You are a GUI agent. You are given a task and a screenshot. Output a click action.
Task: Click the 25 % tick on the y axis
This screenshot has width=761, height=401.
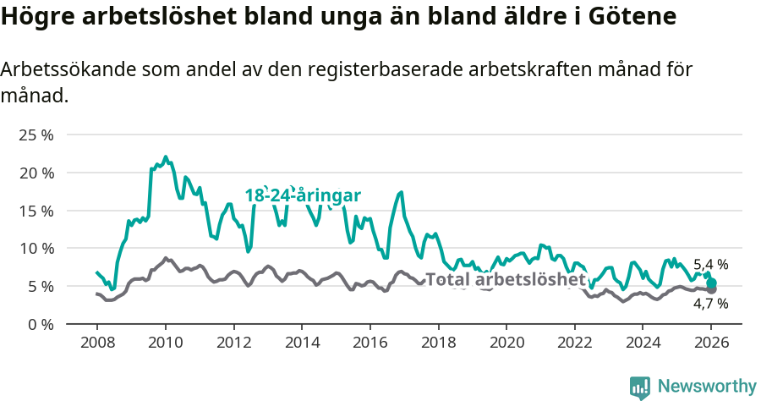click(x=36, y=135)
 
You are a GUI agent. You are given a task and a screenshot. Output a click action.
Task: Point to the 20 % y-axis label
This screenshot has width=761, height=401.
click(x=36, y=173)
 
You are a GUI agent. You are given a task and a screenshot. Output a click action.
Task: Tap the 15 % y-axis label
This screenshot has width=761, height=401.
click(x=36, y=211)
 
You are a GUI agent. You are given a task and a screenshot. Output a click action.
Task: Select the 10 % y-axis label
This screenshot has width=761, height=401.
click(x=36, y=248)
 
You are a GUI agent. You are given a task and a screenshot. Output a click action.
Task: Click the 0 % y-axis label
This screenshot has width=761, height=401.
click(x=41, y=324)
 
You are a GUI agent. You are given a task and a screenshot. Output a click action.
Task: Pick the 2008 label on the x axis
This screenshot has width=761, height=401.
click(x=96, y=343)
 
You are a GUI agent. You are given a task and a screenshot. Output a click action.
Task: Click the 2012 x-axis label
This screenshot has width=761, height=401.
click(x=233, y=343)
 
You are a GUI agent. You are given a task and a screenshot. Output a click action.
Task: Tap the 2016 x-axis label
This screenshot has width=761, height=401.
click(x=370, y=343)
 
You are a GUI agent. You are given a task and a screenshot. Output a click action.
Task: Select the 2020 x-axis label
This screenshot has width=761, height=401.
click(x=506, y=343)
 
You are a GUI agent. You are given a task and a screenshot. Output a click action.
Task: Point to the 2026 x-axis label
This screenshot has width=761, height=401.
click(x=711, y=343)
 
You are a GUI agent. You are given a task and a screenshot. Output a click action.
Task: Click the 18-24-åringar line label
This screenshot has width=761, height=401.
click(x=303, y=195)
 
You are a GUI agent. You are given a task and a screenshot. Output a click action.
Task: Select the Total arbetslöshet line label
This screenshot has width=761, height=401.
click(x=505, y=279)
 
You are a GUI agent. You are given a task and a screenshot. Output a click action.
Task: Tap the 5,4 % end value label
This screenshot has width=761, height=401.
click(x=710, y=265)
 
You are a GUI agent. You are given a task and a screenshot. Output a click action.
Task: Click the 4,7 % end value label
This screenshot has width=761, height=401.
click(x=710, y=303)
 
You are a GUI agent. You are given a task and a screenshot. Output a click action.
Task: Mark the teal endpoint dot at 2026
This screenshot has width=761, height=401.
click(x=711, y=283)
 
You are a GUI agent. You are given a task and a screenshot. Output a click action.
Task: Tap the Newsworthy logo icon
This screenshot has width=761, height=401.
click(x=640, y=387)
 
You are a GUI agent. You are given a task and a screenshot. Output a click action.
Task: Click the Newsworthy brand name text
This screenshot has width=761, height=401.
click(x=707, y=387)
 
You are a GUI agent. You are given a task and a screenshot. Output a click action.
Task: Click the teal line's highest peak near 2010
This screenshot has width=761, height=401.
click(x=166, y=157)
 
